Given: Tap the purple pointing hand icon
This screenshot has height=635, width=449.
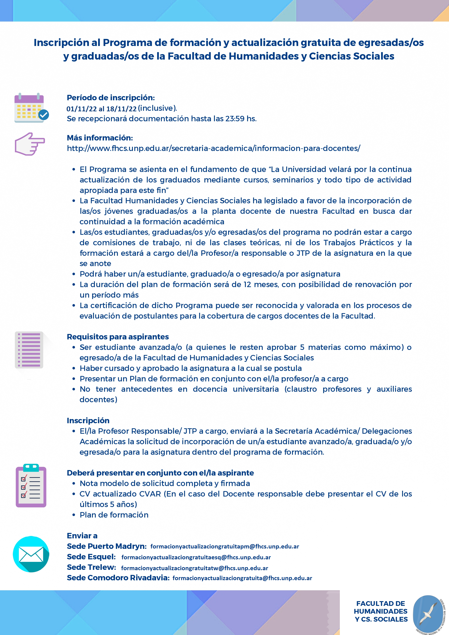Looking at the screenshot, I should [30, 144].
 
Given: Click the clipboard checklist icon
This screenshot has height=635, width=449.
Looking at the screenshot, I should [31, 486].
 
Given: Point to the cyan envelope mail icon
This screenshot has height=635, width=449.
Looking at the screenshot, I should [31, 554].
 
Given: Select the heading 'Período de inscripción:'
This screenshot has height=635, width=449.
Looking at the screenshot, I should [111, 98].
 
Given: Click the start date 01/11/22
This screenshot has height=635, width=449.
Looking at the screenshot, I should [82, 109].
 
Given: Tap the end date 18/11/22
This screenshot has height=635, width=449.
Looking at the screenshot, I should [121, 109].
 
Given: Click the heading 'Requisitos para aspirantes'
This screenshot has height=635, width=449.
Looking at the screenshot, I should [118, 337].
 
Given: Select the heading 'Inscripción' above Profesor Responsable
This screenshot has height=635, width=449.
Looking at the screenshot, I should [88, 421].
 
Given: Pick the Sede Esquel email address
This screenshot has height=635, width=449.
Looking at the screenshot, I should [196, 557].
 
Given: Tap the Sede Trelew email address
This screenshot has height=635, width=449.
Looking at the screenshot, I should [194, 568].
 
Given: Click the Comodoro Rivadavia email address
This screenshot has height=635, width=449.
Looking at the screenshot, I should [242, 578].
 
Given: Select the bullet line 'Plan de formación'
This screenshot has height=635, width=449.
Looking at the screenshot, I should [114, 515].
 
